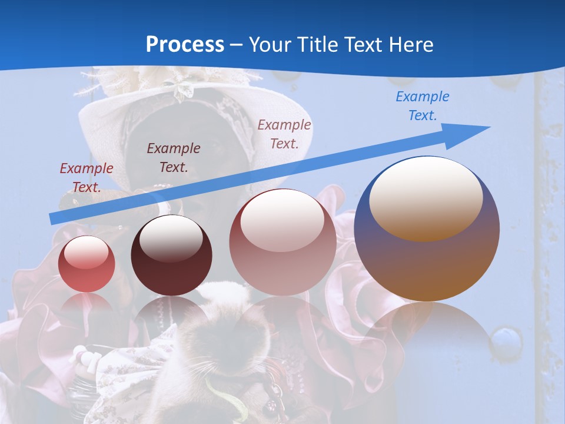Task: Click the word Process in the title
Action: click(185, 44)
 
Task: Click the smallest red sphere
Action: click(87, 264)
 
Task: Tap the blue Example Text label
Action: click(422, 106)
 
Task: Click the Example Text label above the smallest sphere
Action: click(87, 177)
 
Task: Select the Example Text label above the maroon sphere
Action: click(173, 157)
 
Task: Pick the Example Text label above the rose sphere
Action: click(284, 134)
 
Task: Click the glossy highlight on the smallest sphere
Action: click(86, 252)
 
